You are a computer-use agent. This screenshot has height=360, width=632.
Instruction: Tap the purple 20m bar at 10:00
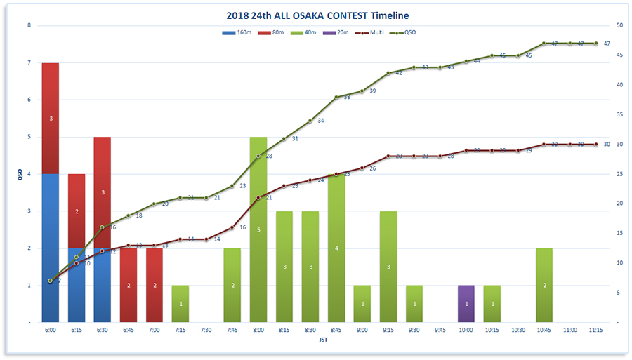click(x=466, y=303)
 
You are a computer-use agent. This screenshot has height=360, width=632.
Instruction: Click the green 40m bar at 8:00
click(x=258, y=229)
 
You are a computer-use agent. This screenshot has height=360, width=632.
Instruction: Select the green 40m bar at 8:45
click(x=336, y=248)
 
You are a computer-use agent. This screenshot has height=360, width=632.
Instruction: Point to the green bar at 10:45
click(x=544, y=285)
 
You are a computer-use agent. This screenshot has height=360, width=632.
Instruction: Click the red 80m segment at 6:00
click(x=51, y=119)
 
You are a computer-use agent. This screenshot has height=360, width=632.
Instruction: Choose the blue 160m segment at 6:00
click(x=51, y=248)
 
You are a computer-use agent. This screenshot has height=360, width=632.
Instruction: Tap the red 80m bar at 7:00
click(x=154, y=285)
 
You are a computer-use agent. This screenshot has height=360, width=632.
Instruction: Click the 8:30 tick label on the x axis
click(x=310, y=330)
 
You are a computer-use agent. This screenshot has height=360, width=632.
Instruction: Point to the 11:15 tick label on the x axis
click(x=596, y=330)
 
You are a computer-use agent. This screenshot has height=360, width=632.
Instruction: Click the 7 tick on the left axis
click(x=29, y=63)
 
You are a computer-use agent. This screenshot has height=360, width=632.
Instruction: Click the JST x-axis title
click(x=323, y=341)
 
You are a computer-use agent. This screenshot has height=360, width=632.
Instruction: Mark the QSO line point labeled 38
click(x=336, y=97)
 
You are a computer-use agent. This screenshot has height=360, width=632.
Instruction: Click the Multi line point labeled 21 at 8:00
click(x=258, y=198)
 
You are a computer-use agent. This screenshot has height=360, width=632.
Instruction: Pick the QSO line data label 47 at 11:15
click(x=606, y=44)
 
